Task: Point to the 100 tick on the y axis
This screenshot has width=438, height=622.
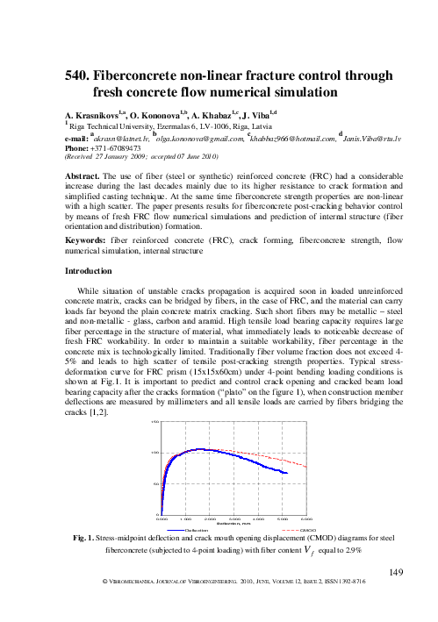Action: pyautogui.click(x=154, y=453)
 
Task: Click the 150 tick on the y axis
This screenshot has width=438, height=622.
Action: pyautogui.click(x=154, y=422)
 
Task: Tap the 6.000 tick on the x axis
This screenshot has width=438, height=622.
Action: pyautogui.click(x=306, y=519)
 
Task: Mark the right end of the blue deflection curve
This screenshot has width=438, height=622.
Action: pyautogui.click(x=288, y=473)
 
